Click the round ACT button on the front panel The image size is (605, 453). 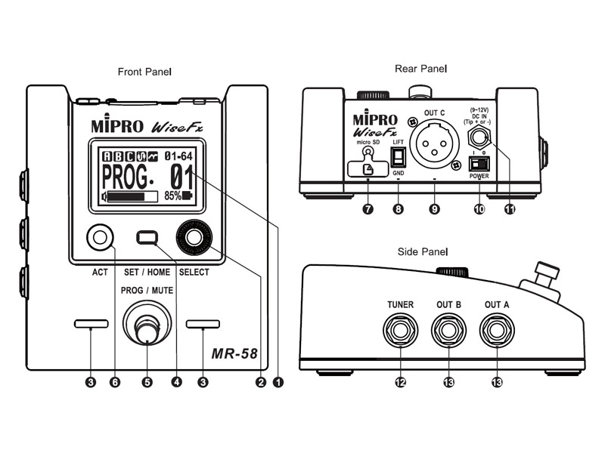tap(98, 237)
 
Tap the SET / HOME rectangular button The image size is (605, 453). tap(147, 238)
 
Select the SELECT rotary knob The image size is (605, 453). tap(194, 238)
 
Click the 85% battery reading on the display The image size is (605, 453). tap(178, 196)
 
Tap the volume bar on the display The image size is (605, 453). tap(133, 196)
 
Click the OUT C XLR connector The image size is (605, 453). tap(434, 144)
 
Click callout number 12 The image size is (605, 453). tap(400, 383)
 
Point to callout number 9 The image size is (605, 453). tap(434, 210)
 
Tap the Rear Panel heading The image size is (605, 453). tap(420, 69)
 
